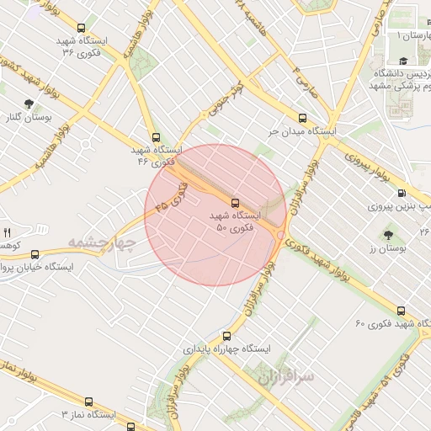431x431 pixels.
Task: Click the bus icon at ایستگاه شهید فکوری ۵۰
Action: [235, 202]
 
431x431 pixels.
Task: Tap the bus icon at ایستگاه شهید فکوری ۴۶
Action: [155, 136]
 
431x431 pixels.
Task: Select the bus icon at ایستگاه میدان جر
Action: [302, 118]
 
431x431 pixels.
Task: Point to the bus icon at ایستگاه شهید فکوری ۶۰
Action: [401, 311]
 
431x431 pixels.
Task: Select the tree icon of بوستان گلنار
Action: [29, 104]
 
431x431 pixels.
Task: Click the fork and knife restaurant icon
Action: [7, 231]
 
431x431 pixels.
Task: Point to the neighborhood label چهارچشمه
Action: [102, 242]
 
